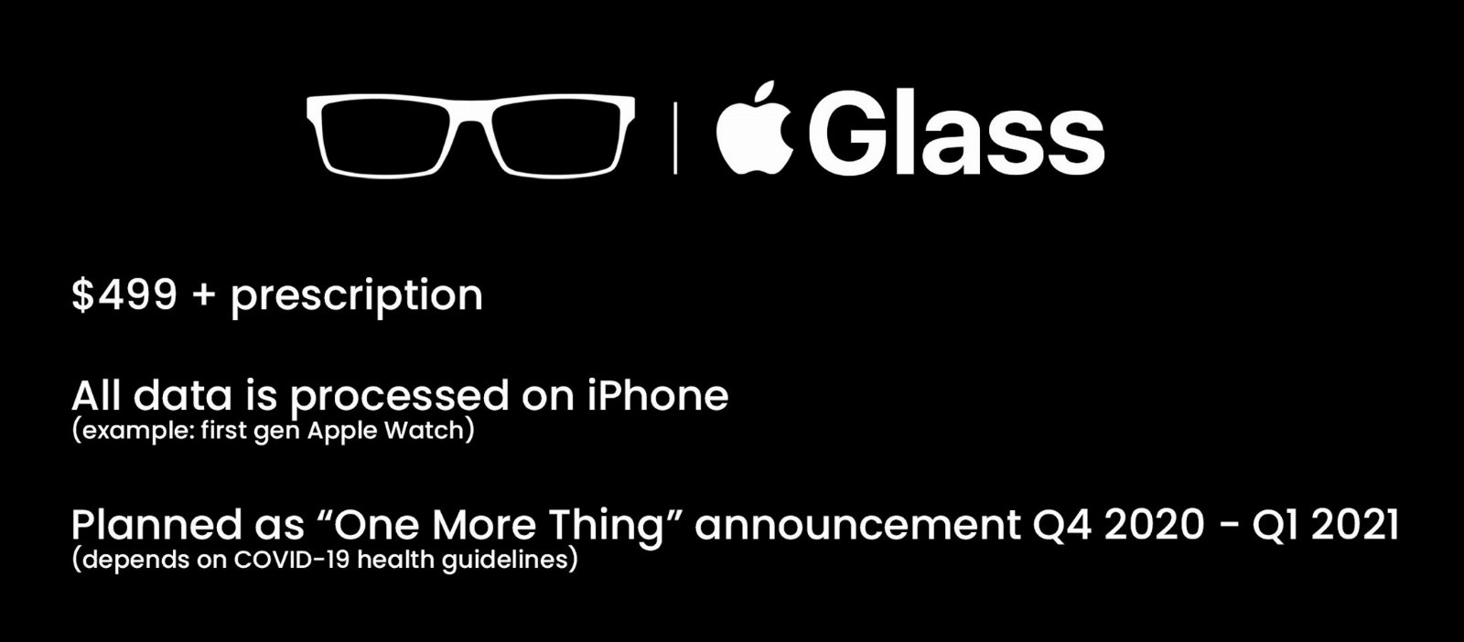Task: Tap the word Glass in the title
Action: pos(957,132)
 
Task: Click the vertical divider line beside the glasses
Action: pos(675,136)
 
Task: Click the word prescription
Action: pos(357,298)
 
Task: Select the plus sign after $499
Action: pos(204,295)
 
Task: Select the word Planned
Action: pos(156,524)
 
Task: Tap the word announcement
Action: pos(857,525)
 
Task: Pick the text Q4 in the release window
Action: pos(1062,524)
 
